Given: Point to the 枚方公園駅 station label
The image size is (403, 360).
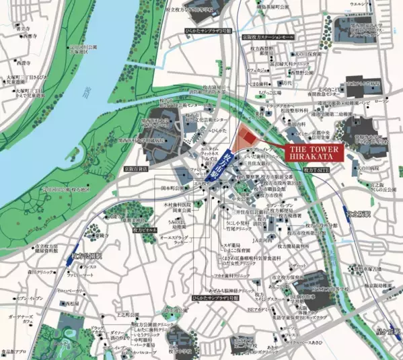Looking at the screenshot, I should [x=85, y=256].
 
